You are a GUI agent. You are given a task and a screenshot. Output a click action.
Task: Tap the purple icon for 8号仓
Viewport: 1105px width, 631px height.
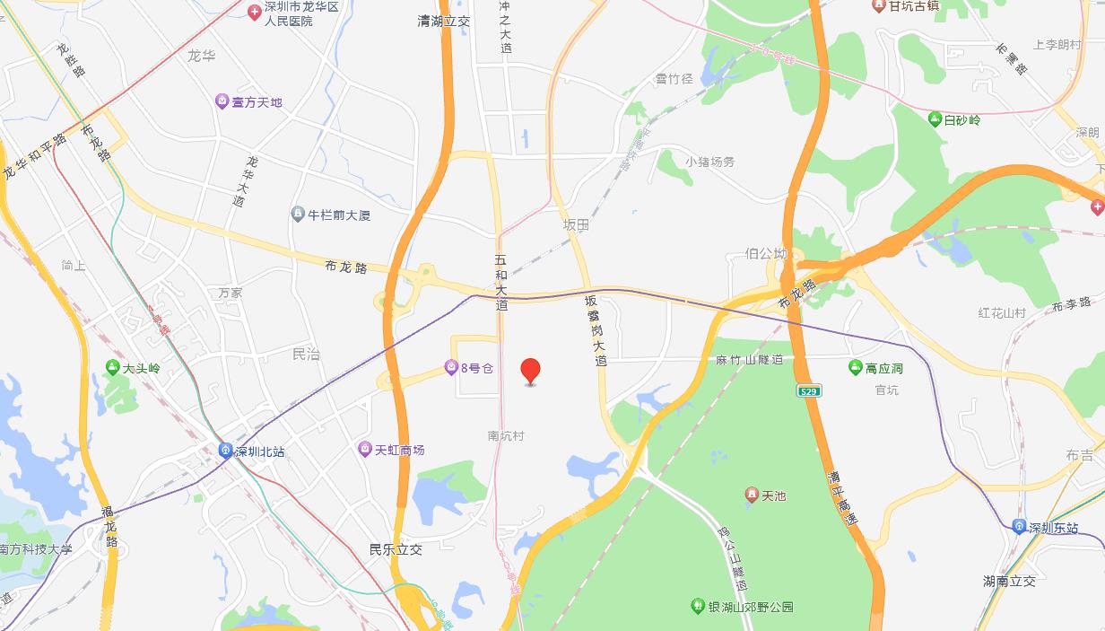pos(451,367)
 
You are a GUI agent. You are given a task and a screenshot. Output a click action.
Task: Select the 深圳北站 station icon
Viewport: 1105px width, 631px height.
pos(225,451)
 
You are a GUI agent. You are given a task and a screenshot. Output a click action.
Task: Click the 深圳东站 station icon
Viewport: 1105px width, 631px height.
pos(1019,527)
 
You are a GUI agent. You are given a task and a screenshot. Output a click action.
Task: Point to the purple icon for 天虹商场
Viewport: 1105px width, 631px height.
pos(364,449)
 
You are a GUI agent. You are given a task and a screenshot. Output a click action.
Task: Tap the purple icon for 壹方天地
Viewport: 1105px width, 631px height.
pos(222,102)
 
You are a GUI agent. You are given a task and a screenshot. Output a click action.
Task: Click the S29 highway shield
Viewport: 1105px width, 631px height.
pos(809,390)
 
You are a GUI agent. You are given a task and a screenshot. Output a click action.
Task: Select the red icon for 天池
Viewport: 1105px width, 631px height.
pos(752,495)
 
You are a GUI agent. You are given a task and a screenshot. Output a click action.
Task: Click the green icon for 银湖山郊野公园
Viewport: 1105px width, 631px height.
pos(698,607)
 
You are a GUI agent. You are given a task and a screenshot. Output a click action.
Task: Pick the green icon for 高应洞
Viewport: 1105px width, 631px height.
pos(856,368)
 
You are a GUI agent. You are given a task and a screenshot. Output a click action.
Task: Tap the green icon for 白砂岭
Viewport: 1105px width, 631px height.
pos(935,119)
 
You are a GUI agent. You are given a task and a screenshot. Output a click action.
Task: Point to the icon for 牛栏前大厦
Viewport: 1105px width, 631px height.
pos(298,215)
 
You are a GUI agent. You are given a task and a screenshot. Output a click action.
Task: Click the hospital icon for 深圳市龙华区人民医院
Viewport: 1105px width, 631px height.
pos(254,11)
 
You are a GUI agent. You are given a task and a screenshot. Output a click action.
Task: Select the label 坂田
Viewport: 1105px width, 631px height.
pos(576,225)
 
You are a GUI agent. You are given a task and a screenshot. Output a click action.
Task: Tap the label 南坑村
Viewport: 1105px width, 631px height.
pos(505,435)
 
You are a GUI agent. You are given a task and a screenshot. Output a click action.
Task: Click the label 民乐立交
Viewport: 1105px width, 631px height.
pos(396,549)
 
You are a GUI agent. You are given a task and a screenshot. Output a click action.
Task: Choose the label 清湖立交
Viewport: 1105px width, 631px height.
pos(444,19)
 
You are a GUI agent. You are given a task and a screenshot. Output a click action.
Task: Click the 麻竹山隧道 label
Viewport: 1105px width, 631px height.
pos(750,359)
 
